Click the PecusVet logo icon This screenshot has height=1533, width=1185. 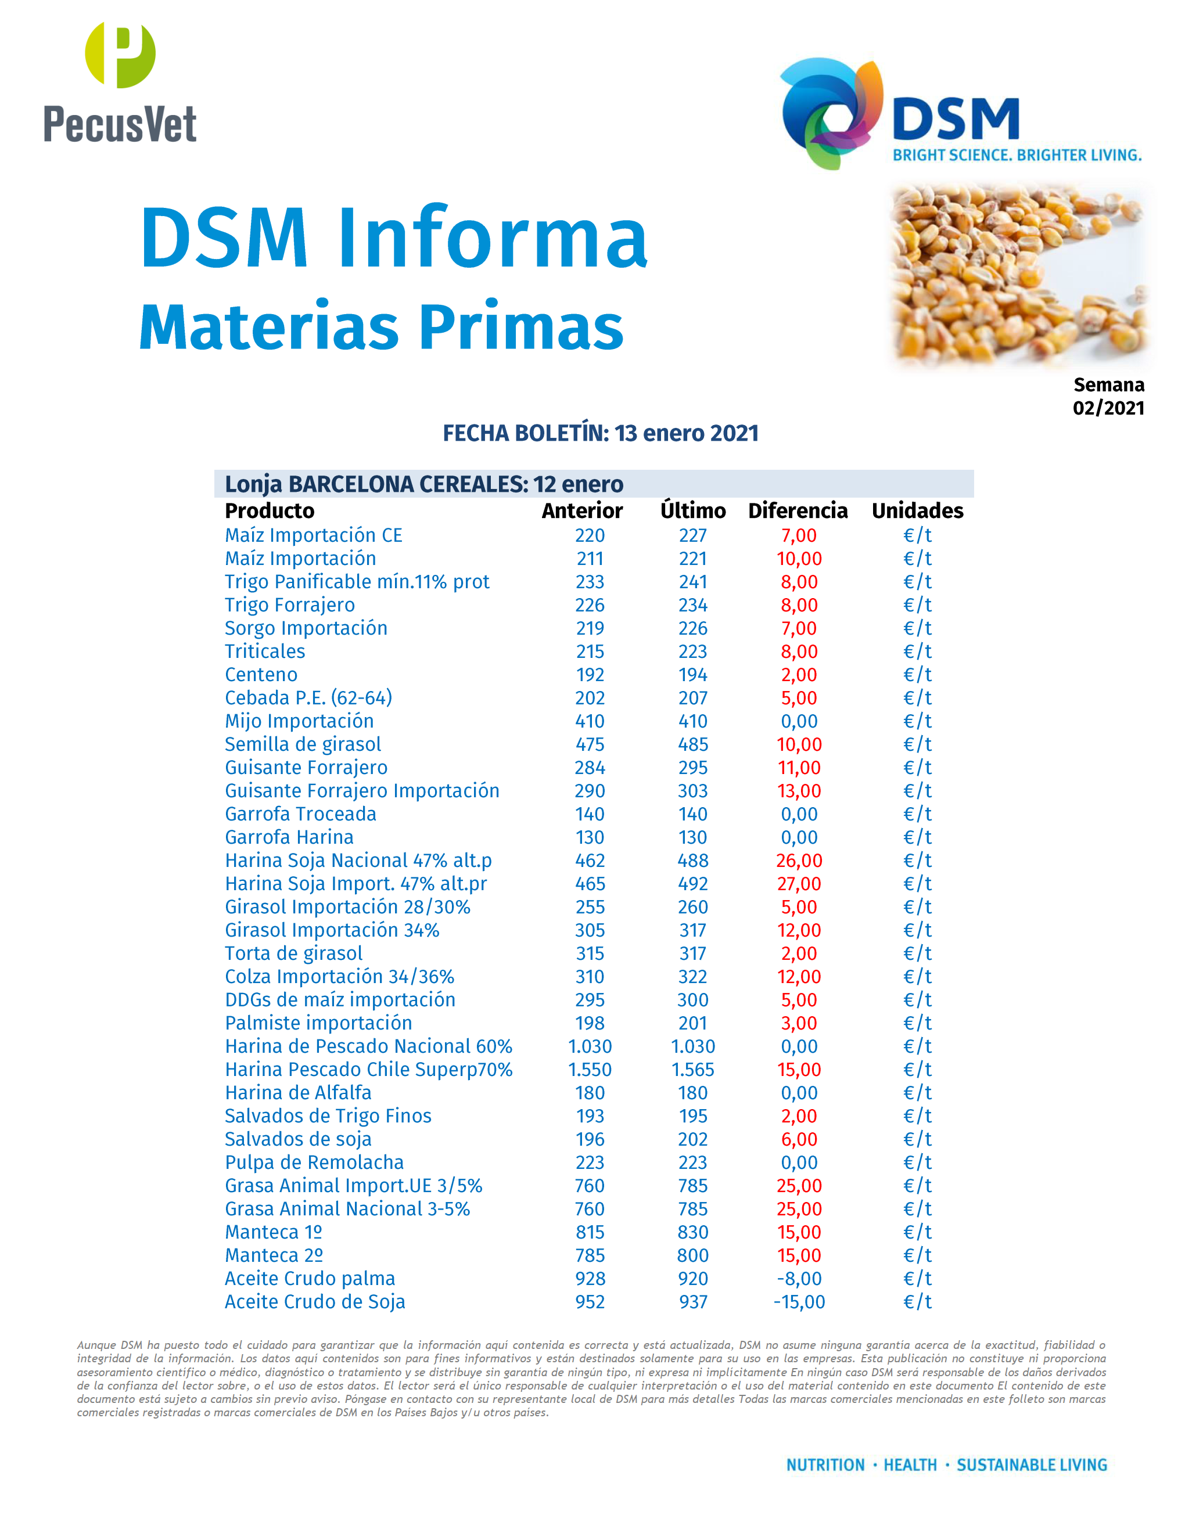[x=120, y=55]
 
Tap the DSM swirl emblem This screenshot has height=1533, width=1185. [x=832, y=112]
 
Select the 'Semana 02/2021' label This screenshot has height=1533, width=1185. [x=1108, y=396]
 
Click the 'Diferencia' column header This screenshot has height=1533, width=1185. [x=798, y=510]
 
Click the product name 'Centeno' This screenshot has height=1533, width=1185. [x=261, y=675]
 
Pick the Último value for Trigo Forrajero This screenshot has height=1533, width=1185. [x=692, y=605]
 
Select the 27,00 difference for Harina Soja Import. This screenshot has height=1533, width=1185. [x=799, y=884]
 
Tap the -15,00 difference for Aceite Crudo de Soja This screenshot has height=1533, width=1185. [x=799, y=1302]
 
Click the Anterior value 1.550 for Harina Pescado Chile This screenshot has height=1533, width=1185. [x=590, y=1070]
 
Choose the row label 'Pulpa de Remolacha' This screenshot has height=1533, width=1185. [x=314, y=1163]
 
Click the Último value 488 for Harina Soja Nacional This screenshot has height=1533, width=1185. [x=692, y=861]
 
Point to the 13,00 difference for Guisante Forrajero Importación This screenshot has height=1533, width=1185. [x=799, y=791]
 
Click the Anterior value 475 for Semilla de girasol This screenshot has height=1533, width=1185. [x=590, y=744]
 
